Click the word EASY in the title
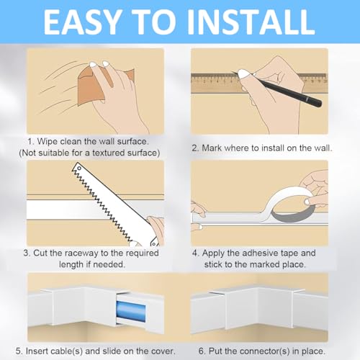click(82, 22)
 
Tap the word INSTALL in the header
click(251, 22)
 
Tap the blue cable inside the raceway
click(131, 311)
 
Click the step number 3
click(26, 253)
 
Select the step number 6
click(202, 351)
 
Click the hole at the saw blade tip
click(79, 168)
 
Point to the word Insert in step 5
click(35, 351)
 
